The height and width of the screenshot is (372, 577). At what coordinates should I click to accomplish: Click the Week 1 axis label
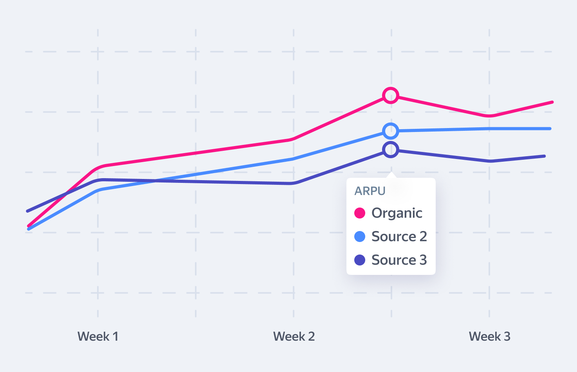[98, 336]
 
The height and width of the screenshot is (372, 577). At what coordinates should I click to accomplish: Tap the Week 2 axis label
[294, 336]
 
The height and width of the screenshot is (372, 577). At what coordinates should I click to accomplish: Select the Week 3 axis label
[489, 336]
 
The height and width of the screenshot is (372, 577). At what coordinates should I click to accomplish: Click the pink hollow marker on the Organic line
[391, 96]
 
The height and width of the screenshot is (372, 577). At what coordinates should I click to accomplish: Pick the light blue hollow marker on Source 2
[391, 131]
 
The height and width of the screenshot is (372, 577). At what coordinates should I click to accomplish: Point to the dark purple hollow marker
[391, 150]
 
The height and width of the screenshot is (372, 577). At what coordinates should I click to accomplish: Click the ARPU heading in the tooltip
[370, 191]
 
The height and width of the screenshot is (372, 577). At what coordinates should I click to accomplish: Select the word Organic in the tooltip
[397, 213]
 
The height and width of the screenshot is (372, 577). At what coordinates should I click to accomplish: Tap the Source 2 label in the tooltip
[399, 237]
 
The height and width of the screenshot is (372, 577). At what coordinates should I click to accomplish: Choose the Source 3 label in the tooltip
[399, 260]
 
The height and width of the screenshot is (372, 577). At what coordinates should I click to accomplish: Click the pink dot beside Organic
[360, 213]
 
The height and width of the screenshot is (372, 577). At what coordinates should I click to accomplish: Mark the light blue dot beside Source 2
[360, 237]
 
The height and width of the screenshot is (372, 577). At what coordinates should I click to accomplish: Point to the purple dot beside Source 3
[360, 260]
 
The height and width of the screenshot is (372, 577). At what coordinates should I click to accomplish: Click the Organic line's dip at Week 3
[489, 116]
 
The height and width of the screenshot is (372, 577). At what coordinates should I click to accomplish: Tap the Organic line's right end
[552, 102]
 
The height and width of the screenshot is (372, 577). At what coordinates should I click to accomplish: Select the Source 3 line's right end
[544, 156]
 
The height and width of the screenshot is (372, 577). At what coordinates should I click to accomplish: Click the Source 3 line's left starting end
[28, 211]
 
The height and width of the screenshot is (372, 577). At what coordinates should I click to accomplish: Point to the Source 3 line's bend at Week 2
[293, 183]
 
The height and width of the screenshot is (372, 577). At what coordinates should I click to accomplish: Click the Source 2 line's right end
[550, 128]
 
